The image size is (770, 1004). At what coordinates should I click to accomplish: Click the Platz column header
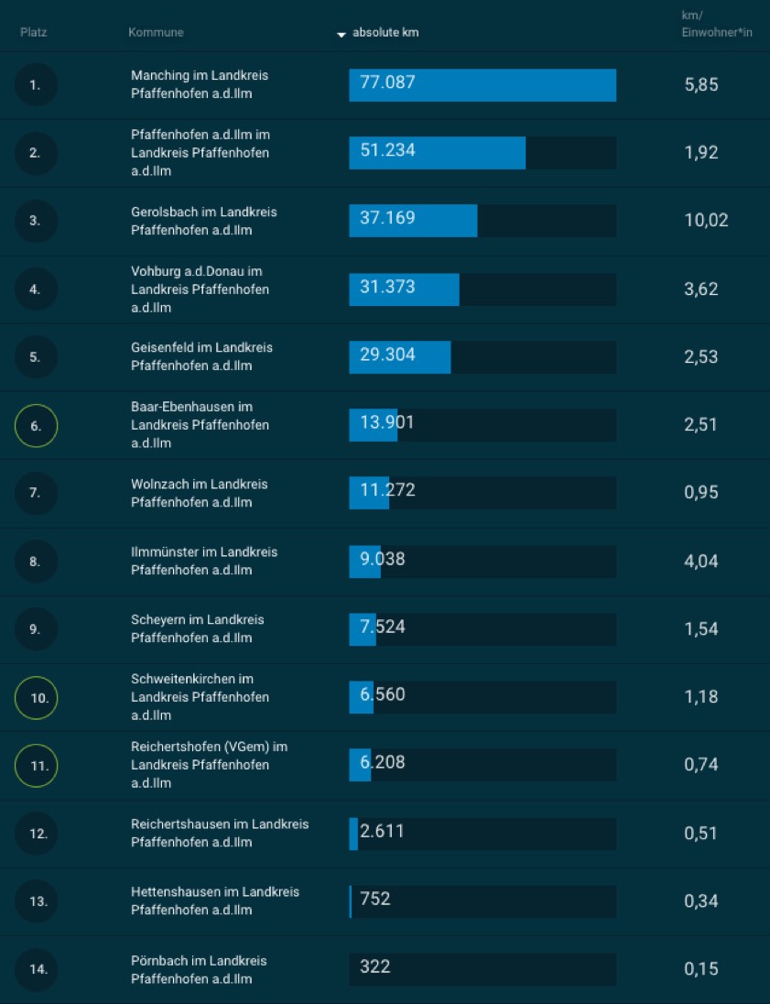click(x=33, y=33)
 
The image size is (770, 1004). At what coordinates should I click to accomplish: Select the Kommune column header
click(x=156, y=33)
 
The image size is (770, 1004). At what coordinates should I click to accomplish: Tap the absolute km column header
click(x=385, y=33)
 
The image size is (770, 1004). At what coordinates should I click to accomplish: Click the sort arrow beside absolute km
click(x=342, y=34)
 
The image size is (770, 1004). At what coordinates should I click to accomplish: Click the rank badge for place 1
click(x=36, y=85)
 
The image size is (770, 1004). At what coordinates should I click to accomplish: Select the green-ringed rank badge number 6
click(x=36, y=425)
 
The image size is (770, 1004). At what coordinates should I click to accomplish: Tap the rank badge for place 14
click(x=38, y=969)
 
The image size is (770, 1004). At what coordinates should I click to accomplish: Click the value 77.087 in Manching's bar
click(x=387, y=82)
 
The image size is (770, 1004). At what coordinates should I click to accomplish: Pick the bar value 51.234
click(x=387, y=150)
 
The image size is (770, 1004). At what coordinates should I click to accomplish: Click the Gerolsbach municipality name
click(x=203, y=221)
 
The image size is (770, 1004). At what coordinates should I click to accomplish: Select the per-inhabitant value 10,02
click(x=706, y=220)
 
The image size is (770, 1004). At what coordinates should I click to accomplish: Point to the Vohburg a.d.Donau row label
click(x=200, y=289)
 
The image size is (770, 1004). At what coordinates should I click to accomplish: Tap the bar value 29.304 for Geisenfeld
click(x=387, y=355)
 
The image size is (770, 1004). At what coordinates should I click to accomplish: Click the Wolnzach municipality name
click(x=199, y=493)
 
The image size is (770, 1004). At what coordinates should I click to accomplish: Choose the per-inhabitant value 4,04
click(x=701, y=561)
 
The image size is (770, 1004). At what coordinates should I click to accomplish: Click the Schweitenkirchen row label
click(x=200, y=697)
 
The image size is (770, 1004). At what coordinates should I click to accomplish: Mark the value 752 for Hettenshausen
click(x=375, y=899)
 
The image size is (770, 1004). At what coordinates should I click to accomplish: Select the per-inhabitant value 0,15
click(x=701, y=968)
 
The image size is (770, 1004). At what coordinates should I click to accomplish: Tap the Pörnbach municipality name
click(x=198, y=969)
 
